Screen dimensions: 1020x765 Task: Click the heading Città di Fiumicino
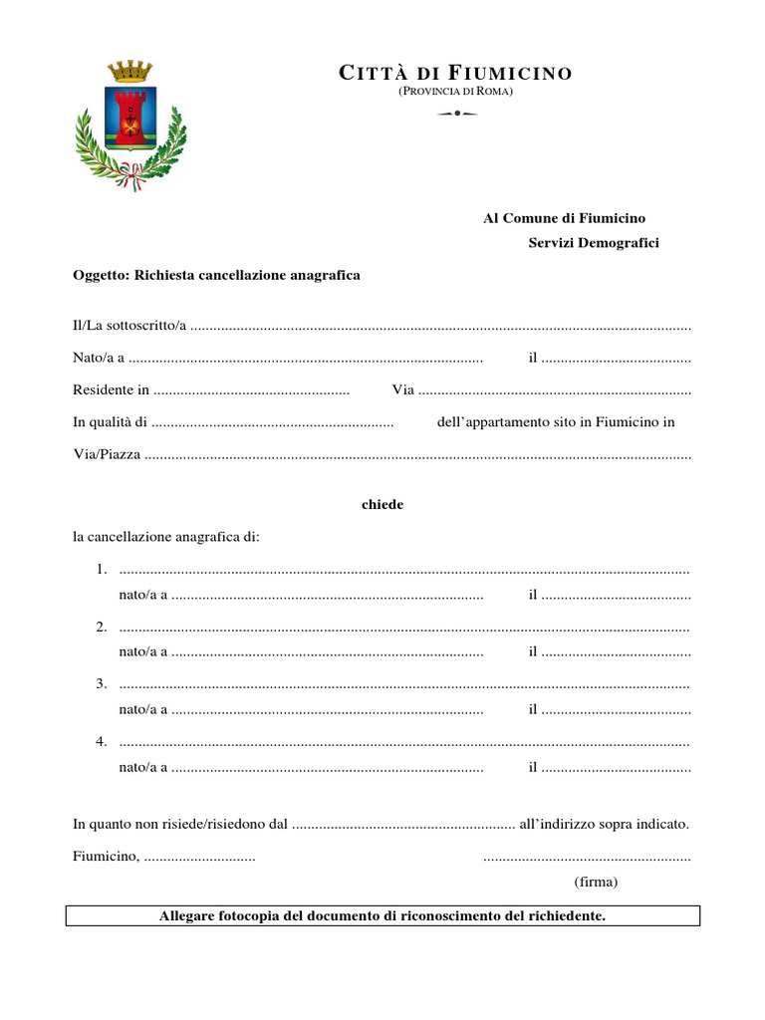[456, 73]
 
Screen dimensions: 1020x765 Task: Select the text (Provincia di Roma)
[456, 92]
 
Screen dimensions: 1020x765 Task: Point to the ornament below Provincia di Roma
[456, 114]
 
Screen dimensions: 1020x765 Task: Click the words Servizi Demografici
[594, 243]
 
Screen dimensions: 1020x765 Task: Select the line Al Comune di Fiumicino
[565, 218]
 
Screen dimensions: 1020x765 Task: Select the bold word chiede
[382, 505]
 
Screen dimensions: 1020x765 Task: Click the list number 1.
[102, 570]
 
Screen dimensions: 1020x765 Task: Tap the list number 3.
[102, 683]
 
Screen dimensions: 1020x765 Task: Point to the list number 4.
[102, 741]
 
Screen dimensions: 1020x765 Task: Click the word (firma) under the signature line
[596, 883]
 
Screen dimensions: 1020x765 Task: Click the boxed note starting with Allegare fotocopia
[382, 915]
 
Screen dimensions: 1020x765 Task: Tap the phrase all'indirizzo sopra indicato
[605, 825]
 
